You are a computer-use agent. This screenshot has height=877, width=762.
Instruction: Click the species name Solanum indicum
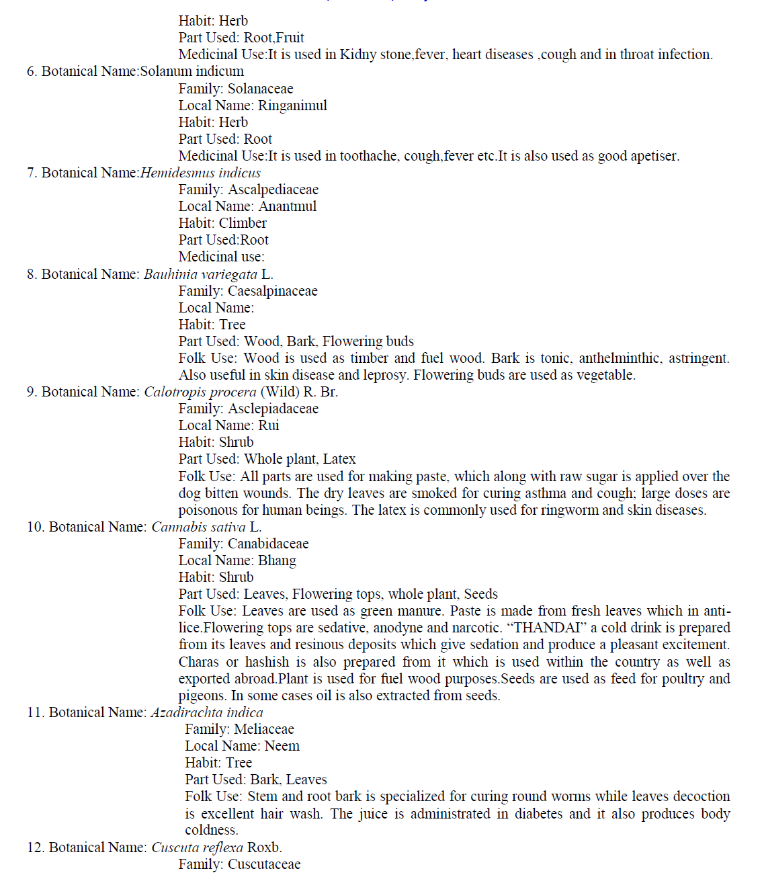tap(192, 71)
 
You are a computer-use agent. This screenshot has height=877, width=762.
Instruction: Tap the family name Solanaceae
tap(260, 89)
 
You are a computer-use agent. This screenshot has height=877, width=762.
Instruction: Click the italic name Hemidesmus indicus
tap(200, 173)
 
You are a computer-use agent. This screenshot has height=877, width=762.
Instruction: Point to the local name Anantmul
tap(288, 206)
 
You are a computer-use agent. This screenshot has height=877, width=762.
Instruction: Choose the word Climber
tap(243, 223)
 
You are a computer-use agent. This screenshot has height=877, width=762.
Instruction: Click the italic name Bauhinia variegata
tap(200, 274)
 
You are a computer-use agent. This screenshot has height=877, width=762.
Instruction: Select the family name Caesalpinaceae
tap(272, 291)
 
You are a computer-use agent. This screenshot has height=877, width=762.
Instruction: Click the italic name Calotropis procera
tap(200, 392)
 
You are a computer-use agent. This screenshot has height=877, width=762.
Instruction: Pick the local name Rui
tap(269, 425)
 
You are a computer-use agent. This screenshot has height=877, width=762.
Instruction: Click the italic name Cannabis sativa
tap(198, 527)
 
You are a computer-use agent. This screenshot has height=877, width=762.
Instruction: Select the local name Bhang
tap(277, 560)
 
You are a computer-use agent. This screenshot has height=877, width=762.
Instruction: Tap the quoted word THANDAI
tap(547, 628)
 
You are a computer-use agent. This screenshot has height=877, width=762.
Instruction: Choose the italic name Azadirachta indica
tap(207, 712)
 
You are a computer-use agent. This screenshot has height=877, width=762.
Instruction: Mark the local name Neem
tap(282, 746)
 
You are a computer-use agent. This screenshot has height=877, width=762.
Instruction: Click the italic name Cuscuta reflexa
tap(197, 847)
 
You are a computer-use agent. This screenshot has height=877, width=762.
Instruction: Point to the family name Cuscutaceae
tap(264, 864)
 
